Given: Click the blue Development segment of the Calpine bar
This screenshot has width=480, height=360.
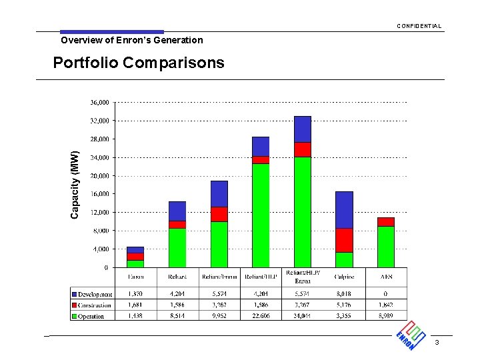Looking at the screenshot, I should tap(344, 209).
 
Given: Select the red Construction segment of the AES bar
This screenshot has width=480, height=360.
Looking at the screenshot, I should tap(385, 222).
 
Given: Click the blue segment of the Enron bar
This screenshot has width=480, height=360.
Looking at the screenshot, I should tap(135, 250).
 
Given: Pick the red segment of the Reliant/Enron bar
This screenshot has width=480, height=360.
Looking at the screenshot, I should tap(219, 214).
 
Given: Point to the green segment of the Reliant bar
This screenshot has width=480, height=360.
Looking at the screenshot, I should tap(177, 247).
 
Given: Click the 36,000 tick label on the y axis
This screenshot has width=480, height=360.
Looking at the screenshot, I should tap(99, 103).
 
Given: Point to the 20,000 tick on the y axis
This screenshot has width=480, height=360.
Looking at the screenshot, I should tap(99, 176).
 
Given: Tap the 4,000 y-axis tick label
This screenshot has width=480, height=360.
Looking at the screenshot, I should tap(101, 249).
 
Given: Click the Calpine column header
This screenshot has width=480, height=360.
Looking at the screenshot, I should tap(344, 277).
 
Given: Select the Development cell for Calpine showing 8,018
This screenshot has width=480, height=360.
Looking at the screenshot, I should tap(344, 294).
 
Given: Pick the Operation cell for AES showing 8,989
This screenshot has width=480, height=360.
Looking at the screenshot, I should tap(386, 316).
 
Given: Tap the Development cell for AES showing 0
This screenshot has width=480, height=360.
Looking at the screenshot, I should tap(386, 294).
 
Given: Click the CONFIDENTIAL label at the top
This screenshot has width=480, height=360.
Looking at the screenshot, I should tap(419, 26).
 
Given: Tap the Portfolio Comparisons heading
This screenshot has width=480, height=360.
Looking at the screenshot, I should tap(139, 63).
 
